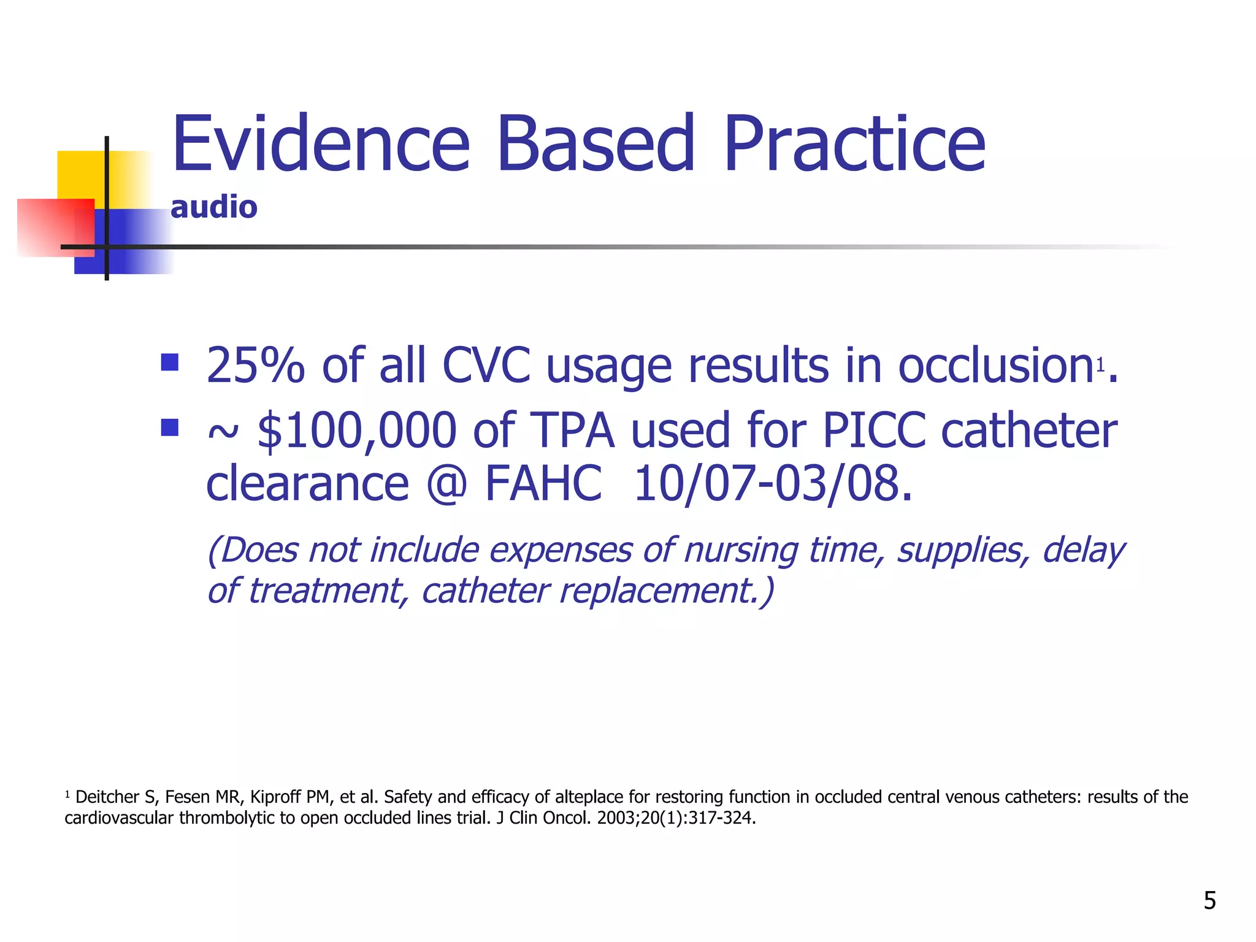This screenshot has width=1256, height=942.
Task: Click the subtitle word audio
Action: tap(213, 207)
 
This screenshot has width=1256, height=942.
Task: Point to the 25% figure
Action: tap(255, 366)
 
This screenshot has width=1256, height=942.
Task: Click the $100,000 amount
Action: tap(357, 431)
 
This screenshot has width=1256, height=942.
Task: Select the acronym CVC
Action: tap(486, 366)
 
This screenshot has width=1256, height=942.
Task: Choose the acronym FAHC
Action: tap(543, 483)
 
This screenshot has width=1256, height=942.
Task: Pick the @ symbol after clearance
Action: tap(446, 483)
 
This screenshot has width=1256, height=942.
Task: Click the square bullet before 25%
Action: tap(169, 362)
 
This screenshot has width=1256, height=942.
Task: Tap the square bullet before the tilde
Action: tap(169, 427)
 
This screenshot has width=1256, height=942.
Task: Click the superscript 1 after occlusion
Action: tap(1100, 365)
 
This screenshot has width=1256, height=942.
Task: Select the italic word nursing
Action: tap(741, 549)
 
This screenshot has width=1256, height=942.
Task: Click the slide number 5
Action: tap(1209, 900)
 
